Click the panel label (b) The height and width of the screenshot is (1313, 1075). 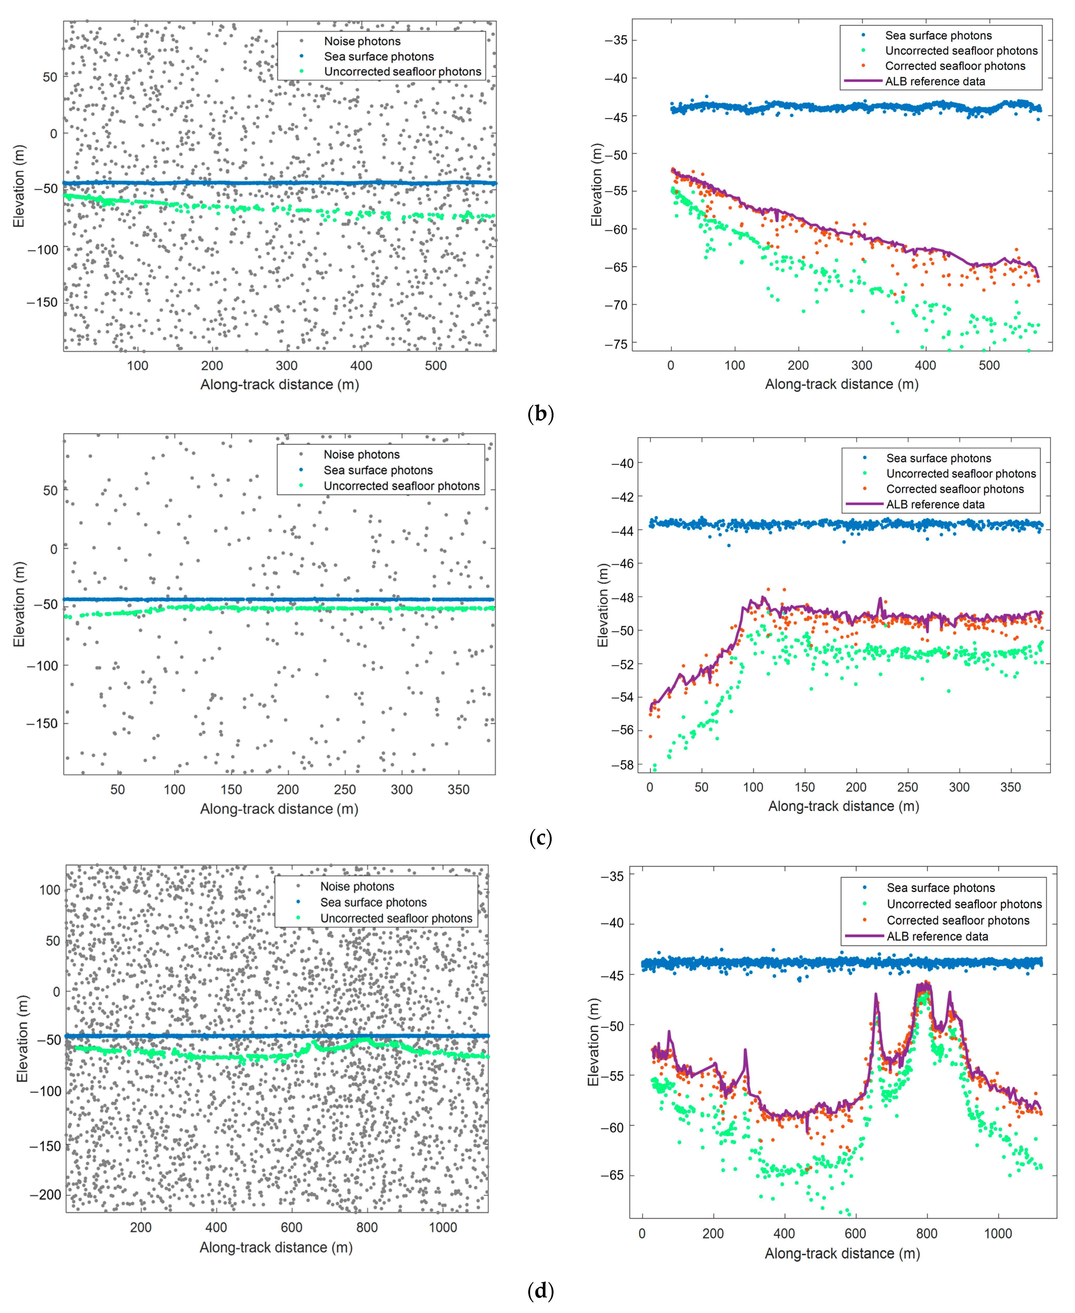click(x=540, y=413)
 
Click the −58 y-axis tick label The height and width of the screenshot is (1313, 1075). click(x=622, y=765)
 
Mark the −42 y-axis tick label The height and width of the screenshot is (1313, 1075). click(x=622, y=497)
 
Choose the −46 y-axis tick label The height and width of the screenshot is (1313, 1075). click(x=622, y=564)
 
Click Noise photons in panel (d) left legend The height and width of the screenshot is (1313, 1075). click(x=357, y=886)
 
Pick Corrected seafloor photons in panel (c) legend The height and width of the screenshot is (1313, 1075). click(x=955, y=489)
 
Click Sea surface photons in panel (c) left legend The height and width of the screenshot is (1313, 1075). click(x=378, y=470)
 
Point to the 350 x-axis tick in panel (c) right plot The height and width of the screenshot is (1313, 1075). click(x=1010, y=787)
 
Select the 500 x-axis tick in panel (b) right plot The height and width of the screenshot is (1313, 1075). click(x=989, y=365)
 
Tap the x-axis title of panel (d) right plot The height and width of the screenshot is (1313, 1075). click(x=842, y=1253)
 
